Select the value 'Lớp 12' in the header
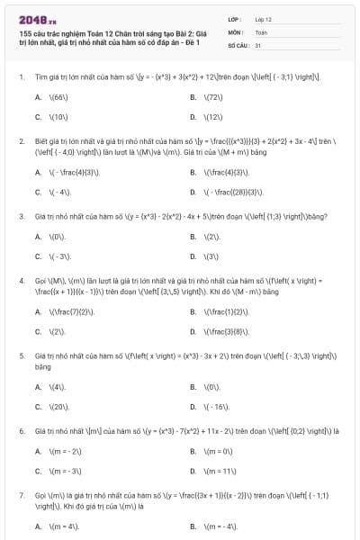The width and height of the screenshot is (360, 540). tap(264, 18)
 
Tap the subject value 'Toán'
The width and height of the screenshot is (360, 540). tap(261, 31)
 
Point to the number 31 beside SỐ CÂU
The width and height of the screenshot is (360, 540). tap(258, 43)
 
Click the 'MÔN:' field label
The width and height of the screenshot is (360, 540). tap(236, 31)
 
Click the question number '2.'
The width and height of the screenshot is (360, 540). tap(21, 140)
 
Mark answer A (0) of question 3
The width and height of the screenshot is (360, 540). tap(58, 237)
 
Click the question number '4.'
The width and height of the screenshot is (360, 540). tap(21, 281)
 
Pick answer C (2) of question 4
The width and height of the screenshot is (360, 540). tap(58, 332)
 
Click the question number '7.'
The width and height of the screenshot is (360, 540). tap(21, 495)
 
